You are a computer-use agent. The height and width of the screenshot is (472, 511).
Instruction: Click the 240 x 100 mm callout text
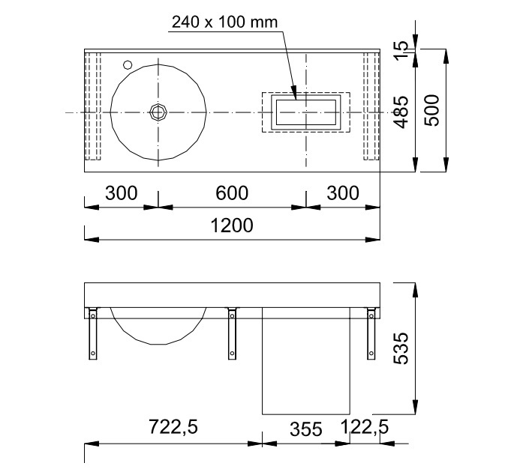(224, 22)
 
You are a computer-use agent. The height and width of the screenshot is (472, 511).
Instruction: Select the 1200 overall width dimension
(232, 226)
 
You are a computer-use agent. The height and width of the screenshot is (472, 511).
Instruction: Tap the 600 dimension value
(232, 193)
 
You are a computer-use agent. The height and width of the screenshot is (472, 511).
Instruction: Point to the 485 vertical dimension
(401, 112)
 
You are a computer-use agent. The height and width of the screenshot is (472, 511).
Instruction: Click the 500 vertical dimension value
(432, 110)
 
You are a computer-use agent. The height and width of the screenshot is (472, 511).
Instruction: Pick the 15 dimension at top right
(401, 49)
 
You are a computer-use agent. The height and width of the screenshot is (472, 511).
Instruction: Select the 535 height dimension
(401, 348)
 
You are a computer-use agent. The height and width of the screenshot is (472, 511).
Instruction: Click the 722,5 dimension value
(173, 426)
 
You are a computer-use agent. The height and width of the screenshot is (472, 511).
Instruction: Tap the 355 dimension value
(306, 429)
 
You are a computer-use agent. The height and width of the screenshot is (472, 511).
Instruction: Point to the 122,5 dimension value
(365, 426)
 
